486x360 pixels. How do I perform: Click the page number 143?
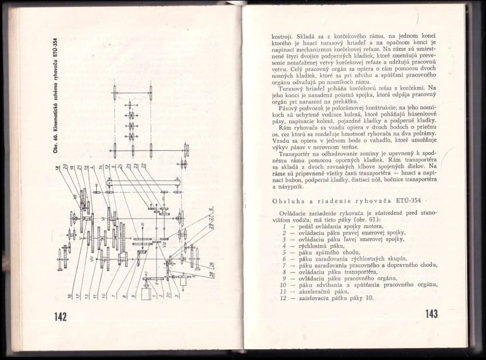(432, 314)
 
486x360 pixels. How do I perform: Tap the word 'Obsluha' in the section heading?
(292, 201)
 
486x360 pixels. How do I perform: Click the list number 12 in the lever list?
(283, 298)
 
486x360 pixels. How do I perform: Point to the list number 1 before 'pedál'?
(284, 226)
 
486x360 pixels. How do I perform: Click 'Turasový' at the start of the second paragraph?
(292, 89)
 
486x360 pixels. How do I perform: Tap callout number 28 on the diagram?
(211, 274)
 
